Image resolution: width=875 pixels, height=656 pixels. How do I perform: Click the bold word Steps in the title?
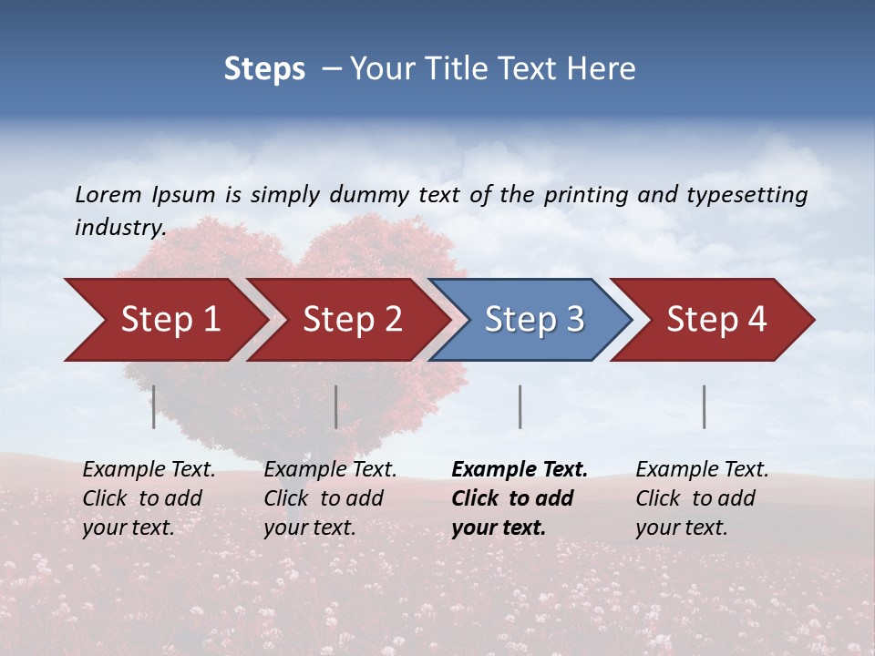(x=264, y=69)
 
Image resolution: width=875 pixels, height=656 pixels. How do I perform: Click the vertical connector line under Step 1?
(x=154, y=406)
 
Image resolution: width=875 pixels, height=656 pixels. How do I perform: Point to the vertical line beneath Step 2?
(x=336, y=406)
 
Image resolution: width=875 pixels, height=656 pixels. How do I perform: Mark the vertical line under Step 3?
(x=520, y=406)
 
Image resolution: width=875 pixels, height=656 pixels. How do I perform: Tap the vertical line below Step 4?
(x=704, y=406)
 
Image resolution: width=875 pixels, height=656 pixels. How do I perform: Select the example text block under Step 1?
(x=148, y=498)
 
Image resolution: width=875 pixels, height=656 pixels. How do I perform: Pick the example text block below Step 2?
(x=329, y=498)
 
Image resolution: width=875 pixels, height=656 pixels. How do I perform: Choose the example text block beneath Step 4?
(x=701, y=498)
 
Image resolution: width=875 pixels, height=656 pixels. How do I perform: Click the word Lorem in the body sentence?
(x=108, y=195)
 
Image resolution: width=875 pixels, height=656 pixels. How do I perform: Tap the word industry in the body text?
(x=118, y=228)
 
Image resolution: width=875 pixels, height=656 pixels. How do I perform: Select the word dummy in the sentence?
(x=369, y=195)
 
